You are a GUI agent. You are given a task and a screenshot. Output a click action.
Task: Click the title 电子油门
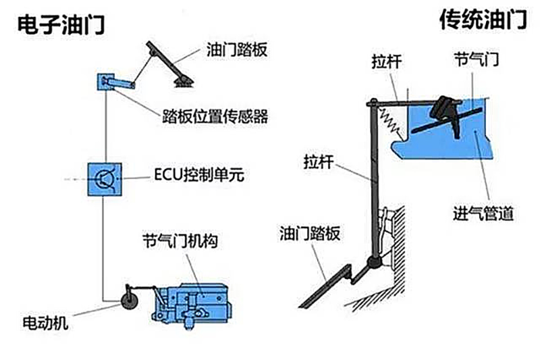coord(61,24)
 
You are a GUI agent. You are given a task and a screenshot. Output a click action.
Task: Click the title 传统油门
coord(483,20)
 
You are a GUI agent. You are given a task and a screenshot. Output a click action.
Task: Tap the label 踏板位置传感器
coord(215,116)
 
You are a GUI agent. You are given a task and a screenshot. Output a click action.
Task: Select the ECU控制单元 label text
coord(199,175)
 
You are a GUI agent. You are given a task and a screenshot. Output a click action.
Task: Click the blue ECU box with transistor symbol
coord(105,179)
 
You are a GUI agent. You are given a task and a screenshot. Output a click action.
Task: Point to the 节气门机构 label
coord(180,240)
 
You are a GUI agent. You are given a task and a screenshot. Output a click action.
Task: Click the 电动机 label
coord(45,323)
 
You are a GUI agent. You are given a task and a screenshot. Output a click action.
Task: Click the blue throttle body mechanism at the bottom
coord(192,305)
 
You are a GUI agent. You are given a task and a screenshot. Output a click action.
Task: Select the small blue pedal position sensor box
coord(106,82)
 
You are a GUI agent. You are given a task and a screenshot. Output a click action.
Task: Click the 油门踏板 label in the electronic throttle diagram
coord(237,49)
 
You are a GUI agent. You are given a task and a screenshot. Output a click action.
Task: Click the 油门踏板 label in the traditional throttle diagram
coord(310,233)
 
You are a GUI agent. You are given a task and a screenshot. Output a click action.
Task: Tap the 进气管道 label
coord(483,213)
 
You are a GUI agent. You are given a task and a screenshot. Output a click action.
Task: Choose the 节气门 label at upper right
coord(477,59)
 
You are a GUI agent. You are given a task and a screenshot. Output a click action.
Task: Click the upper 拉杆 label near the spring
coord(387,61)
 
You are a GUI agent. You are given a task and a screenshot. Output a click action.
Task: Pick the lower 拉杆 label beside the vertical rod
coord(319,161)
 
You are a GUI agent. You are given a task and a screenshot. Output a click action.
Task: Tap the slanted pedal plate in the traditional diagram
coord(325,286)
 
